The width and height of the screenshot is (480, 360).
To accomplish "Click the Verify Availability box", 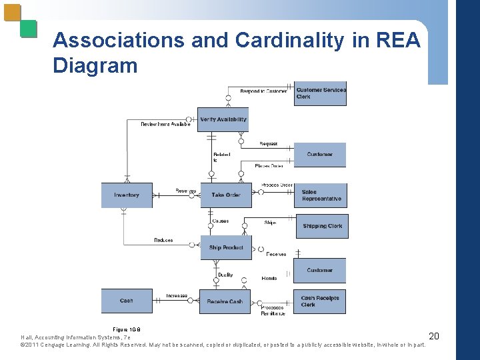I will (223, 119).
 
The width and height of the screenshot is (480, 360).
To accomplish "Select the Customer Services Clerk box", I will (320, 93).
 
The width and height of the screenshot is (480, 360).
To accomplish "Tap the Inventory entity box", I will (127, 195).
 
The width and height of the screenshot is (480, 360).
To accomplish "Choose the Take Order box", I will (225, 195).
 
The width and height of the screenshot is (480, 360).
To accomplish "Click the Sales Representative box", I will (321, 195).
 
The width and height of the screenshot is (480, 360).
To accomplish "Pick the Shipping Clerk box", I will (321, 226).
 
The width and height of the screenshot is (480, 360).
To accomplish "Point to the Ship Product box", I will (225, 247).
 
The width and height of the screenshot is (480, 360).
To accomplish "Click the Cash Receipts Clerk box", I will (320, 301).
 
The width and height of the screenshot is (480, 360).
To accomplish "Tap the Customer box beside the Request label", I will (320, 155).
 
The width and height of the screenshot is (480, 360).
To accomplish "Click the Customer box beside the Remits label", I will (320, 270).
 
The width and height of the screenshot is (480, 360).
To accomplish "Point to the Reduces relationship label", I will (163, 240).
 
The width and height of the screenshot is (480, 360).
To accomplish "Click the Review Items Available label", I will (165, 124).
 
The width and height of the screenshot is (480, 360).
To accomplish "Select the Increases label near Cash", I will (177, 295).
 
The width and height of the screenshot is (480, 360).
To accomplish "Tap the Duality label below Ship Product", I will (225, 275).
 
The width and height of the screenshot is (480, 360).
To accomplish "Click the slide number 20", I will (433, 335).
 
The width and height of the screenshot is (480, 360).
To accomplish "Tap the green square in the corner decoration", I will (28, 28).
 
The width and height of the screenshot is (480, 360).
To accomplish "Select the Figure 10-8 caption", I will (126, 329).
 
